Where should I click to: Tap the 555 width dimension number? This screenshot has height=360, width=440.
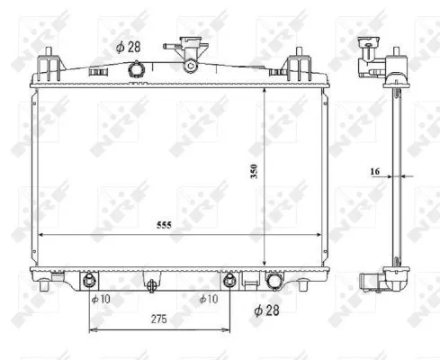162,227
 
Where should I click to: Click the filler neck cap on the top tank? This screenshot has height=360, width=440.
190,51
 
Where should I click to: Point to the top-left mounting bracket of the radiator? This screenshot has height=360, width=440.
50,67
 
